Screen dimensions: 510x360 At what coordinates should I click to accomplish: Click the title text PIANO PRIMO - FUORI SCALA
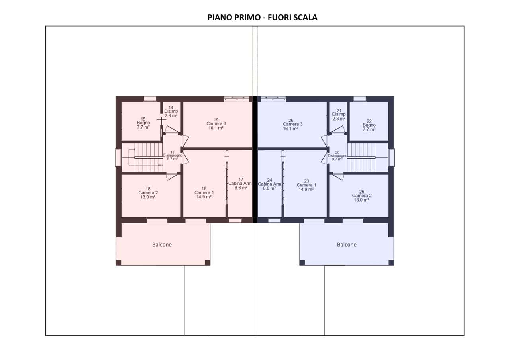(262, 17)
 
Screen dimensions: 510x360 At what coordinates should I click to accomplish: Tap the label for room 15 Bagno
(143, 123)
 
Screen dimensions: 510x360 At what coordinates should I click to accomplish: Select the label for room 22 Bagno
(369, 125)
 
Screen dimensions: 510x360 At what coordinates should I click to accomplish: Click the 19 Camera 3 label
(216, 124)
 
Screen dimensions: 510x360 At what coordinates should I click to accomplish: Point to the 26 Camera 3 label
(292, 125)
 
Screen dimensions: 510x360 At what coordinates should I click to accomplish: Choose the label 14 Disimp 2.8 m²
(171, 112)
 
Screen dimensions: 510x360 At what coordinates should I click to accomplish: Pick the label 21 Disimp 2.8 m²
(339, 115)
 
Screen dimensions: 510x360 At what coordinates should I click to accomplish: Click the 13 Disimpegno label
(173, 155)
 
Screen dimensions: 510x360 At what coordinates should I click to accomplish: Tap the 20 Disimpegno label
(337, 156)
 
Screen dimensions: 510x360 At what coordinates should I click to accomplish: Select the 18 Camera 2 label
(148, 193)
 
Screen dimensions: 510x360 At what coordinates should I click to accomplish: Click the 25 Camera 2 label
(361, 196)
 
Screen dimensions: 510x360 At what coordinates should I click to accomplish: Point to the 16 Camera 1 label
(204, 192)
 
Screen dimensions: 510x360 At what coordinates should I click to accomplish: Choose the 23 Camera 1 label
(306, 185)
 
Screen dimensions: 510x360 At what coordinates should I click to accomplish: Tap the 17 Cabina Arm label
(241, 184)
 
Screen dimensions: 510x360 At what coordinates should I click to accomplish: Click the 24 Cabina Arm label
(270, 184)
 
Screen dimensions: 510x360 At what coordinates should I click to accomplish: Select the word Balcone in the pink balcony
(162, 245)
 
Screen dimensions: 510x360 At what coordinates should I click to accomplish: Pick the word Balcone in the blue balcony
(347, 245)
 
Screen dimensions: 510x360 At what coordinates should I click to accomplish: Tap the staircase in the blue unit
(361, 157)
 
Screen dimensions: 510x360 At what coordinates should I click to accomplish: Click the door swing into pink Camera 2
(171, 177)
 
